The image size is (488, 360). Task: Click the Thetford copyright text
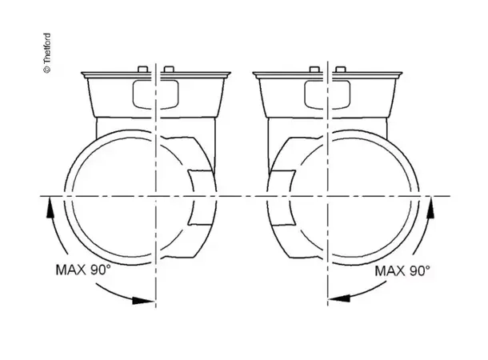coord(47,53)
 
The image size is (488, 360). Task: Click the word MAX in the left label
coord(70,270)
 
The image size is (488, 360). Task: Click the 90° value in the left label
coord(101,270)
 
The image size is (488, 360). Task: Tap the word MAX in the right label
coord(390,270)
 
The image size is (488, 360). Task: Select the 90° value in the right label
coord(420,270)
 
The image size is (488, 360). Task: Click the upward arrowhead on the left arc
coord(50,209)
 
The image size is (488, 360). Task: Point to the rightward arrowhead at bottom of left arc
coord(143,301)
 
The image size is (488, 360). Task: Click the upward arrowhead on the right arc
coord(430,208)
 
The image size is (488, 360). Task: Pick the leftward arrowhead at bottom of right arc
coord(339,298)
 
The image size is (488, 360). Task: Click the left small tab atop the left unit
coord(142,69)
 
